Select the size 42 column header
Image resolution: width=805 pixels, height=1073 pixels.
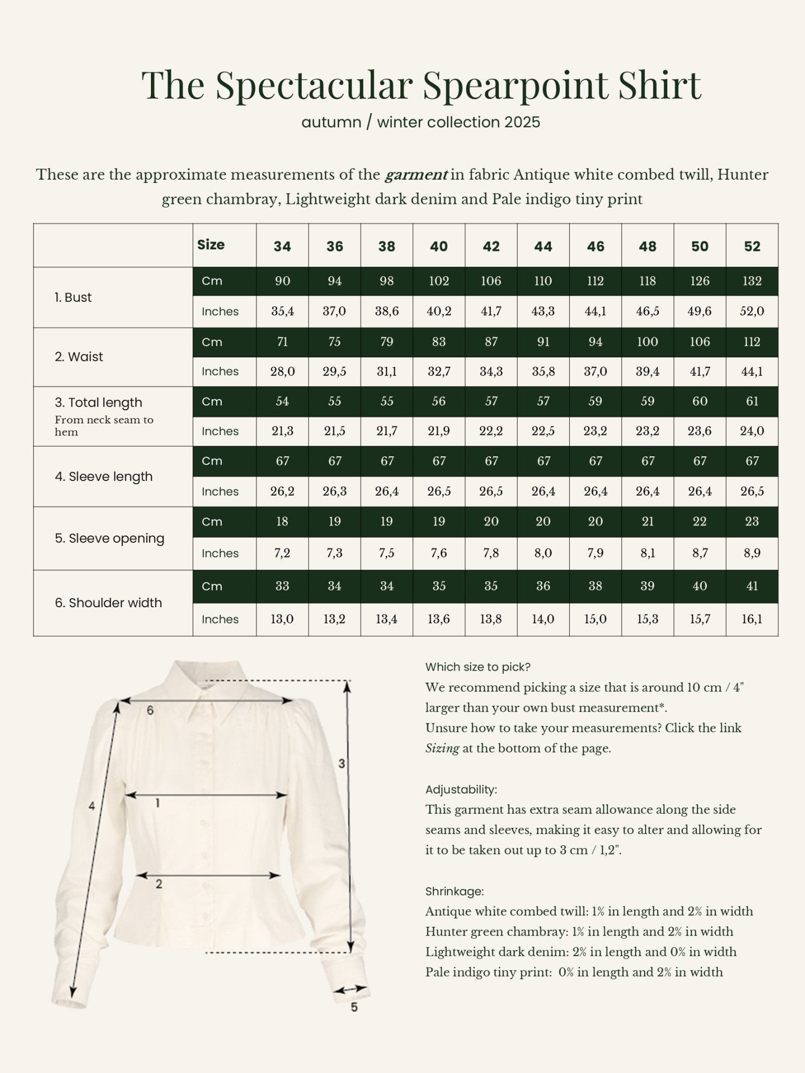(491, 246)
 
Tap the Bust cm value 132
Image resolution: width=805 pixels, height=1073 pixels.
(752, 281)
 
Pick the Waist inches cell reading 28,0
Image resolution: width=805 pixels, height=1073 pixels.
(282, 371)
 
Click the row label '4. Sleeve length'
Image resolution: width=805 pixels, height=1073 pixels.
(104, 477)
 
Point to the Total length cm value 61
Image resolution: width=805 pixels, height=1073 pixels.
(752, 401)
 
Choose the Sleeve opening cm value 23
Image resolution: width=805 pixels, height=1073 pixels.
(752, 522)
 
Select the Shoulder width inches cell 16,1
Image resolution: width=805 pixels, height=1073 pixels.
(752, 619)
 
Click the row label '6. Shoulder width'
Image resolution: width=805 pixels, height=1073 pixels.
(108, 603)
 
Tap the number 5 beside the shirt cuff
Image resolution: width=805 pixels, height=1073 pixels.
(354, 1007)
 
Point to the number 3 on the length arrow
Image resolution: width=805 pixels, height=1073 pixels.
(342, 763)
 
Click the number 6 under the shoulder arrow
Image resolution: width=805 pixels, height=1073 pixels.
(150, 710)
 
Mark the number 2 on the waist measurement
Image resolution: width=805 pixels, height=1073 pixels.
(159, 884)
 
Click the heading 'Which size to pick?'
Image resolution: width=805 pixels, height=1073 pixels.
(478, 667)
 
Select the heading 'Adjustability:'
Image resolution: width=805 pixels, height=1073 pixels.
(461, 790)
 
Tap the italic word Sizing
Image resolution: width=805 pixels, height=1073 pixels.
(442, 748)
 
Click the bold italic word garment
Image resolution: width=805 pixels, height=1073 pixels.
(416, 174)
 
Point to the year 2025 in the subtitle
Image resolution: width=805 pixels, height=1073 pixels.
(522, 123)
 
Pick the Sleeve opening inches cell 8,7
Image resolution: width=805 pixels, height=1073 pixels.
(700, 553)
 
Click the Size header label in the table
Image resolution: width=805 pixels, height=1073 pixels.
(211, 245)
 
